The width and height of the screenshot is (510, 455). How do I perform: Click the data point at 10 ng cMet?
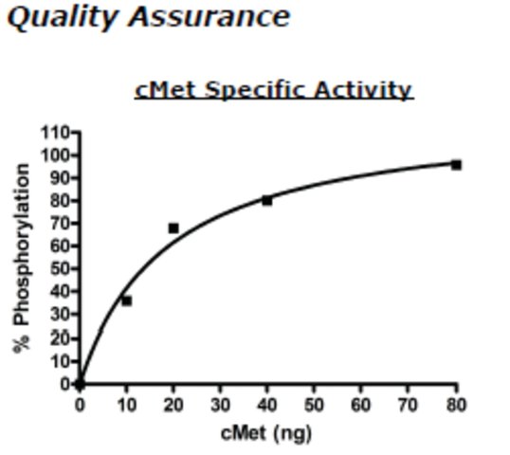(126, 300)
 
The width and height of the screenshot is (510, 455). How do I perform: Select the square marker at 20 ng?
(173, 228)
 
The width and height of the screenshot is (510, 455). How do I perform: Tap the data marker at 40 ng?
(267, 201)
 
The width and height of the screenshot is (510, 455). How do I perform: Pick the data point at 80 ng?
(456, 165)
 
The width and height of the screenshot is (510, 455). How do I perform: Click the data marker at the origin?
(80, 385)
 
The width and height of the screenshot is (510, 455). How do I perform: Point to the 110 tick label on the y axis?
(54, 133)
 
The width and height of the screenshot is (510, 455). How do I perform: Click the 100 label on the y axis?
(54, 155)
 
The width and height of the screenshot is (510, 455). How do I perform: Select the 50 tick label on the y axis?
(60, 268)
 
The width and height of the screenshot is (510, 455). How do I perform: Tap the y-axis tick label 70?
(60, 224)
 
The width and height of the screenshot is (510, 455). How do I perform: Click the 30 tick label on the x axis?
(220, 406)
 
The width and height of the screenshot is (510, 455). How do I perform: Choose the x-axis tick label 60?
(361, 406)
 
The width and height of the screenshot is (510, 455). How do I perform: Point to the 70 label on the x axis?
(408, 406)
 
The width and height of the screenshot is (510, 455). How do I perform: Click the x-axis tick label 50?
(314, 406)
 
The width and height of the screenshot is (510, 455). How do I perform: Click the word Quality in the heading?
(63, 18)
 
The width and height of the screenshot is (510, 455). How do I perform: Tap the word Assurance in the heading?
(209, 18)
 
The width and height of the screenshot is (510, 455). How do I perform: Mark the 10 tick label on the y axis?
(60, 362)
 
